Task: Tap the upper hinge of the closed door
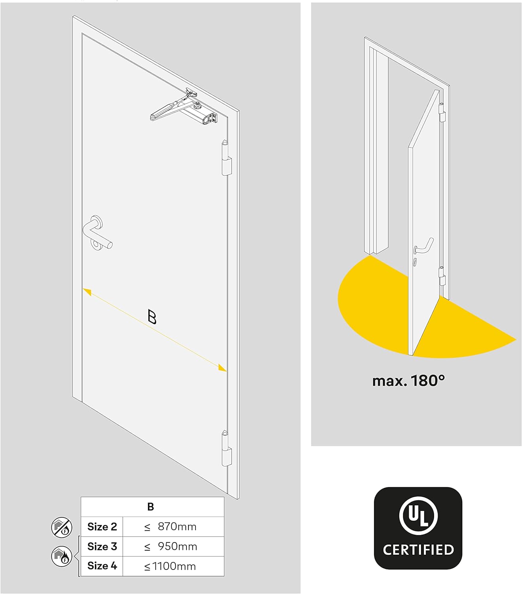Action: [226, 158]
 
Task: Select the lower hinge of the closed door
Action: [226, 449]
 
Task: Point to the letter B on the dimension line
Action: [152, 317]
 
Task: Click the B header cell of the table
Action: [150, 506]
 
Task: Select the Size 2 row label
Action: [102, 527]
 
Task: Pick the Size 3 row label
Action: [102, 546]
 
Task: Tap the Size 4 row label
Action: [102, 566]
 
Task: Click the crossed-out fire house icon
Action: [62, 527]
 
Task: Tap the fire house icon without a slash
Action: [62, 556]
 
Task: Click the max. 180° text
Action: [408, 381]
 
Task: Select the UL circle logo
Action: [418, 516]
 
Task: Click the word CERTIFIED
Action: [418, 550]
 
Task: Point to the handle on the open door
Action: [424, 246]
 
